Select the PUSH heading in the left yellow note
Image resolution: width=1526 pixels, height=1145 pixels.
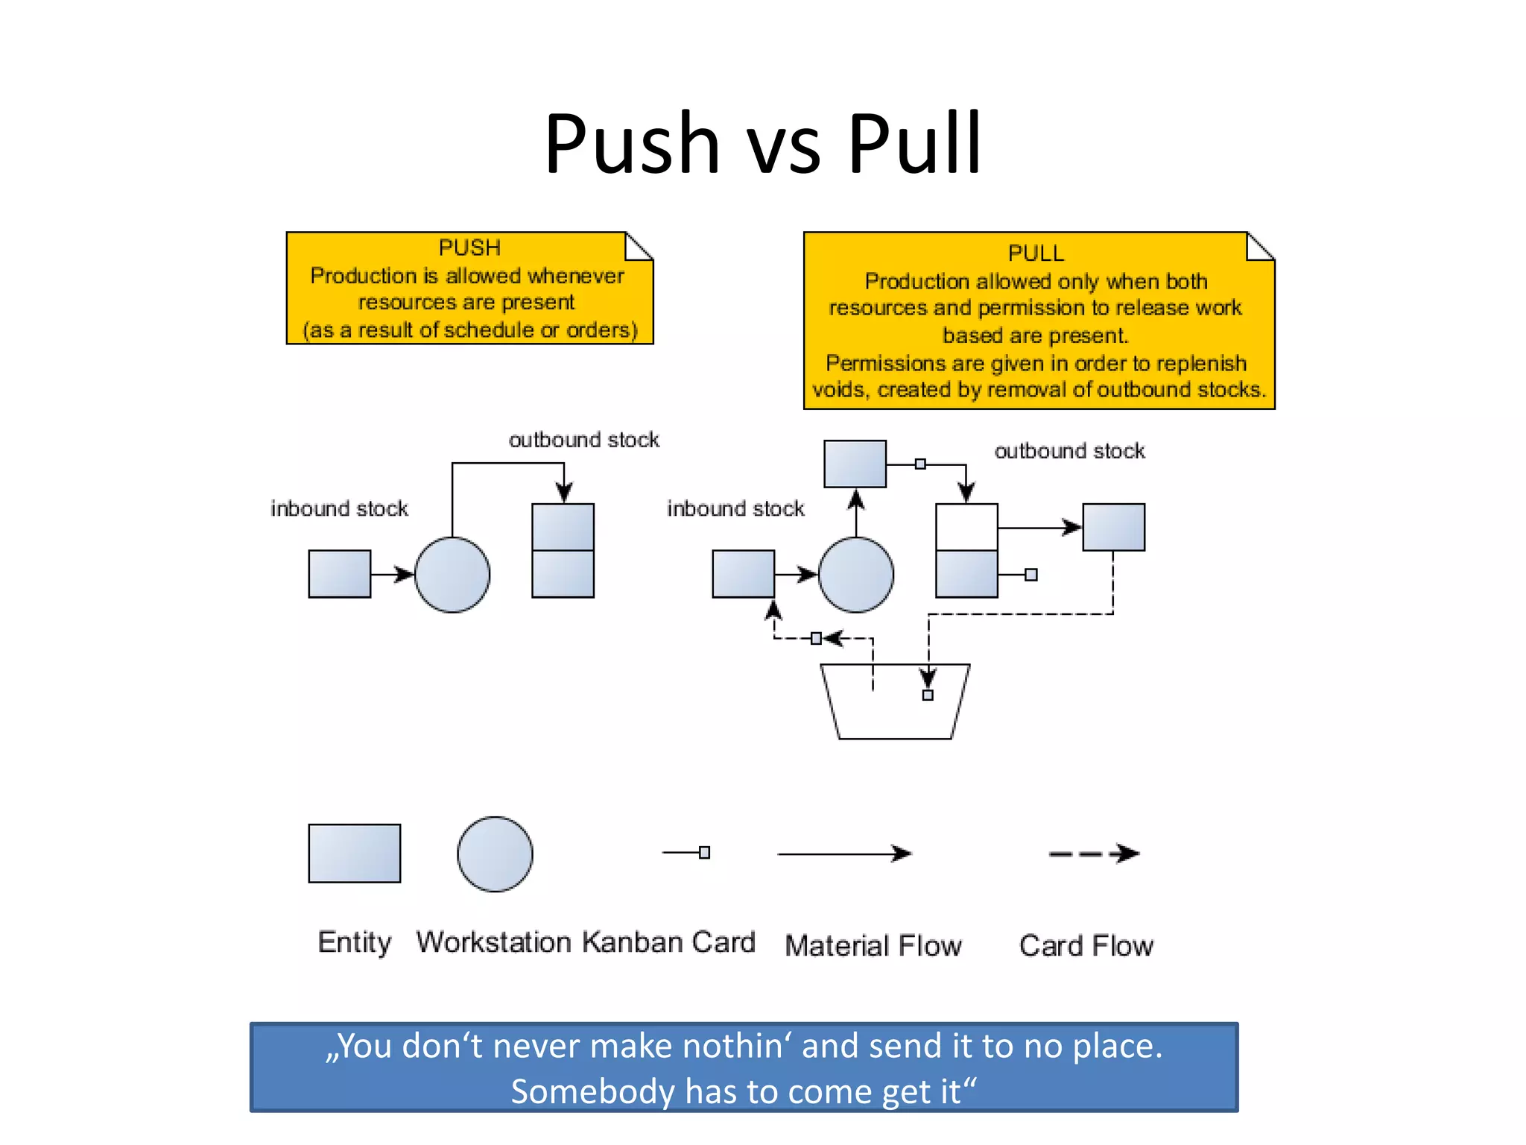pyautogui.click(x=469, y=247)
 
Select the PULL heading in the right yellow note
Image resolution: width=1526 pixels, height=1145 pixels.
pyautogui.click(x=1036, y=253)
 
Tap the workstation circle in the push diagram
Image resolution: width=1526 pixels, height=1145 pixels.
pyautogui.click(x=452, y=575)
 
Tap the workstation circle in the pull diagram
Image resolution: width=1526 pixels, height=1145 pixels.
pyautogui.click(x=856, y=575)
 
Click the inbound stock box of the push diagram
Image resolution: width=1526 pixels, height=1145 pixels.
pyautogui.click(x=340, y=574)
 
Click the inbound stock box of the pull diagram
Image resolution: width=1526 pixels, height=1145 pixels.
pyautogui.click(x=744, y=574)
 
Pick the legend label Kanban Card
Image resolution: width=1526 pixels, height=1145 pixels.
pyautogui.click(x=668, y=942)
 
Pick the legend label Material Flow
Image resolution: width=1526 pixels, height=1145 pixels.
pyautogui.click(x=873, y=946)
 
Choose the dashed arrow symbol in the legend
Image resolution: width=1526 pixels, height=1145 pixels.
pyautogui.click(x=1094, y=854)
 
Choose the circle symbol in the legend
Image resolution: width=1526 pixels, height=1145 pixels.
pyautogui.click(x=495, y=854)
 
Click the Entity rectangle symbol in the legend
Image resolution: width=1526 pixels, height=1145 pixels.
pyautogui.click(x=355, y=854)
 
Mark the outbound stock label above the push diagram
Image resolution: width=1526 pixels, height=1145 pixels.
pyautogui.click(x=584, y=440)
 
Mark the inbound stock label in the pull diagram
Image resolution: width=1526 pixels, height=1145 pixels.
pyautogui.click(x=735, y=508)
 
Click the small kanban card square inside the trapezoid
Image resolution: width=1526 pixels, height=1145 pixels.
pyautogui.click(x=928, y=695)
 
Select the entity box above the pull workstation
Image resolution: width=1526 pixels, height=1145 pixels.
pyautogui.click(x=855, y=464)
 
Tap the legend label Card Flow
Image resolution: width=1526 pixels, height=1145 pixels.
pyautogui.click(x=1086, y=946)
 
